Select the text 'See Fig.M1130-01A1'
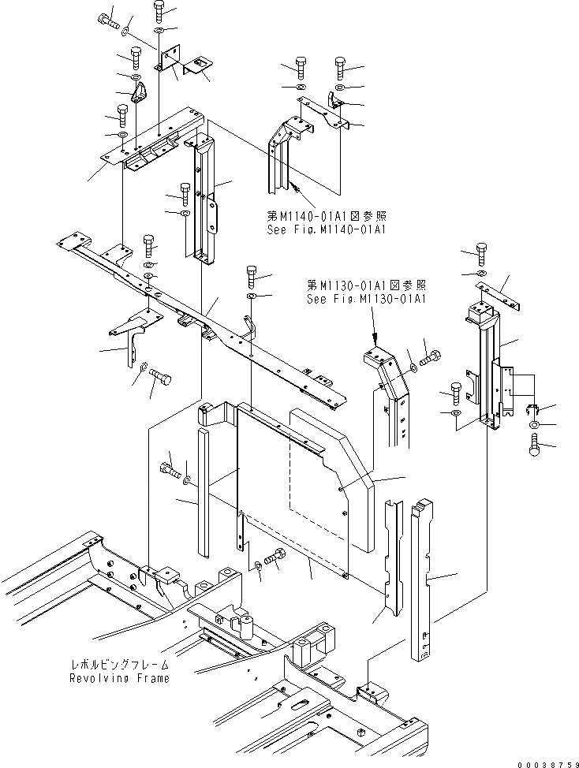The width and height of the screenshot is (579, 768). (x=367, y=299)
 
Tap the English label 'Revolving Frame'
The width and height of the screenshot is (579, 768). (x=118, y=678)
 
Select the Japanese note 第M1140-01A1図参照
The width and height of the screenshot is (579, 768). (x=326, y=215)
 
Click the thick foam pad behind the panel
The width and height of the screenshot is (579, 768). (x=371, y=481)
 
